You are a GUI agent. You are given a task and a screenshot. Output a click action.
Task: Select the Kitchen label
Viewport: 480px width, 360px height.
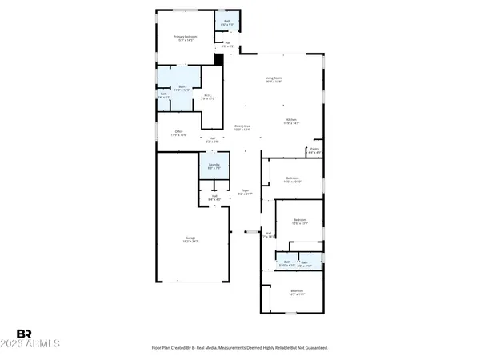[x=291, y=122]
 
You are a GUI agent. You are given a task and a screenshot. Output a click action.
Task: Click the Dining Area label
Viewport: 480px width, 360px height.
[x=242, y=127]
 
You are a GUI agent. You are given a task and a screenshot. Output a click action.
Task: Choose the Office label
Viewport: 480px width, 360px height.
[x=178, y=134]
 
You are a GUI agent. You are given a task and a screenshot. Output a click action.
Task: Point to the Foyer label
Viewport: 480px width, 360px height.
[x=245, y=193]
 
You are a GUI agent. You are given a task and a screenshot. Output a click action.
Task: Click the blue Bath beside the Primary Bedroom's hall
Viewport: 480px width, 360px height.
[x=226, y=22]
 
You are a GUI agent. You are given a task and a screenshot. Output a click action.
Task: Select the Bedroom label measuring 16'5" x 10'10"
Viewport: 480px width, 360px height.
[x=293, y=179]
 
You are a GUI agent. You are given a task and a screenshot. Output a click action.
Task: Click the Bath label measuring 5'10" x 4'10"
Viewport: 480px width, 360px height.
[x=286, y=263]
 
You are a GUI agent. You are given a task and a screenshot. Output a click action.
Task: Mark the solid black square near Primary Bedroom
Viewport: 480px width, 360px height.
[x=218, y=58]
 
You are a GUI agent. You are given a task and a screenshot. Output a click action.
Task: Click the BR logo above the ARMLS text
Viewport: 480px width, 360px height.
[x=24, y=334]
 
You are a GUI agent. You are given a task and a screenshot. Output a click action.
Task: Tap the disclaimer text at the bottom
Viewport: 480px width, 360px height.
[x=239, y=348]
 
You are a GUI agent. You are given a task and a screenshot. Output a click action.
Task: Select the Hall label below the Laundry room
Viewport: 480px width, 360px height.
[x=214, y=197]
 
